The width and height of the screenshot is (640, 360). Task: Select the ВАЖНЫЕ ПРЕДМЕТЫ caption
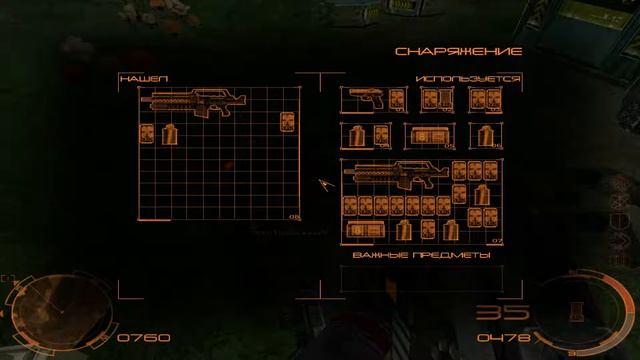click(421, 256)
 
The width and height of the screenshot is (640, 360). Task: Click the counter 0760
click(143, 338)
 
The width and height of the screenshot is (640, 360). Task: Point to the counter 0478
click(503, 338)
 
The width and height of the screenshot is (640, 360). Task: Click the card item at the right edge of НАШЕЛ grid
click(290, 123)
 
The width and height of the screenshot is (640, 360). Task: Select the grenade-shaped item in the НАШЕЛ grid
click(169, 133)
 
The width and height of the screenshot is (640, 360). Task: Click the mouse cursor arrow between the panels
click(324, 185)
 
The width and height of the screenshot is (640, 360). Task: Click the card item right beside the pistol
click(396, 99)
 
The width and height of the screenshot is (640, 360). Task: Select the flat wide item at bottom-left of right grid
click(364, 230)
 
